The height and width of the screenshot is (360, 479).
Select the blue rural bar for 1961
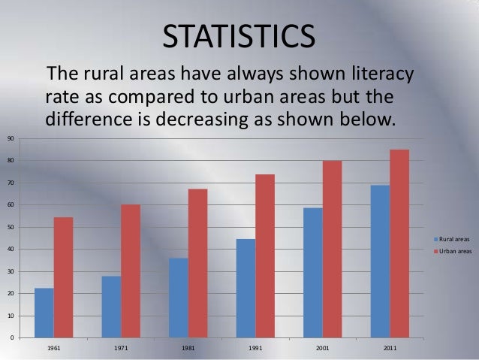pyautogui.click(x=44, y=313)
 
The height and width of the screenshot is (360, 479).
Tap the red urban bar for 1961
pyautogui.click(x=63, y=277)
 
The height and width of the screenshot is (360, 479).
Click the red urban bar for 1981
pyautogui.click(x=197, y=263)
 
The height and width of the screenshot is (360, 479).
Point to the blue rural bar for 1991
pyautogui.click(x=246, y=289)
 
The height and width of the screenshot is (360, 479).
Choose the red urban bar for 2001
pyautogui.click(x=332, y=249)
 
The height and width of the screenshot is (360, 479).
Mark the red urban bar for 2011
pyautogui.click(x=399, y=244)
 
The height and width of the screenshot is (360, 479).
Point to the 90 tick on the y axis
pyautogui.click(x=11, y=139)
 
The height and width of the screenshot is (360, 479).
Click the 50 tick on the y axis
pyautogui.click(x=11, y=227)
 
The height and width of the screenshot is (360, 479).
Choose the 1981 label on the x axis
pyautogui.click(x=188, y=349)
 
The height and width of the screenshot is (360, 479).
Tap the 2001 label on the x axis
pyautogui.click(x=322, y=349)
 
